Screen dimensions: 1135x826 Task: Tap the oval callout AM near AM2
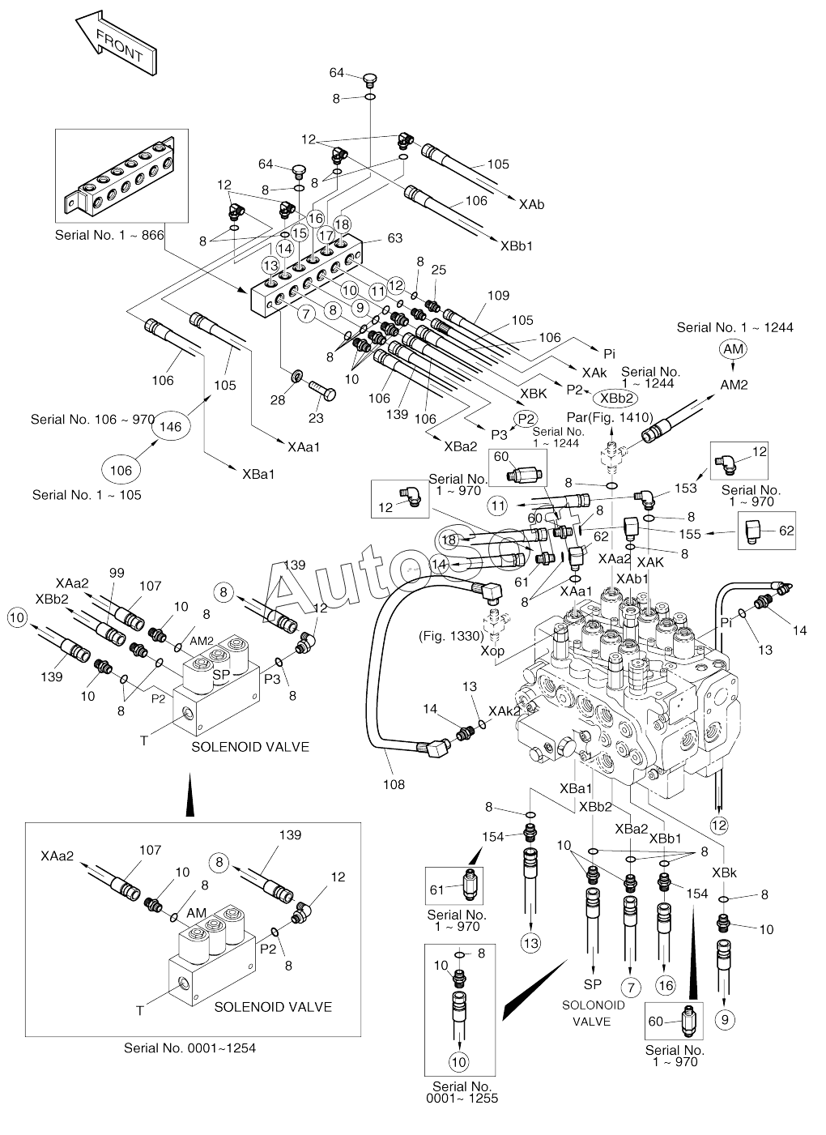coord(732,348)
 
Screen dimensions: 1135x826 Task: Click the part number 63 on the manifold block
coord(394,238)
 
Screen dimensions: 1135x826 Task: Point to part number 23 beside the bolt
coord(315,419)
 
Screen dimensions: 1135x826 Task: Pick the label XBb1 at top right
coord(516,245)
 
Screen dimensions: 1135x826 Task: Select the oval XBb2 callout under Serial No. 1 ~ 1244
coord(615,398)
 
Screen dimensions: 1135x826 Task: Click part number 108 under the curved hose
coord(394,784)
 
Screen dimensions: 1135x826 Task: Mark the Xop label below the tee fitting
coord(492,650)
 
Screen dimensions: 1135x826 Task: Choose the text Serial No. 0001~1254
coord(189,1048)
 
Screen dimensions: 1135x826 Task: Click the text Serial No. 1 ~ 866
coord(109,235)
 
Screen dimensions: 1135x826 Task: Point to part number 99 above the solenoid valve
coord(117,573)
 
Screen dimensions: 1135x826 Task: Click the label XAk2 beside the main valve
coord(505,710)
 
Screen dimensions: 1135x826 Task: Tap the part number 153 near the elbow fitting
coord(685,488)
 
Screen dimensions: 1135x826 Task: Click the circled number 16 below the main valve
coord(666,985)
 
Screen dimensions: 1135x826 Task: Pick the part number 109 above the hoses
coord(499,296)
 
